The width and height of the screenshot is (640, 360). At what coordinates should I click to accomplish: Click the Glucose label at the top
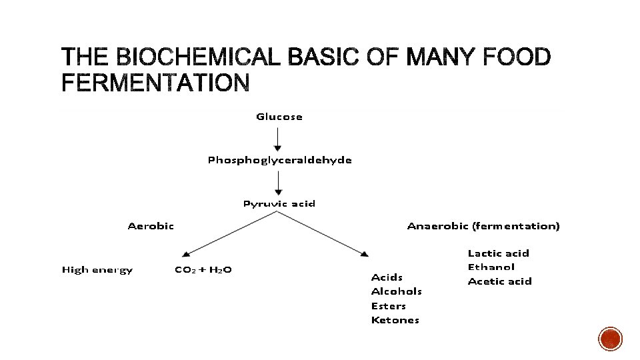(279, 117)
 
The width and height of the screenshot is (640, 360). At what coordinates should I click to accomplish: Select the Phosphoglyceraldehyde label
(279, 160)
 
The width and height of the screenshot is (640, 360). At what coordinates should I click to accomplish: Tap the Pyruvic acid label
(279, 203)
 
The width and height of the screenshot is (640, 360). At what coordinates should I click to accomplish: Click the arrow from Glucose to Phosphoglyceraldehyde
(279, 138)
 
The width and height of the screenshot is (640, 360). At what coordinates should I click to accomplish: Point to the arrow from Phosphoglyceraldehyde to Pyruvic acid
(279, 181)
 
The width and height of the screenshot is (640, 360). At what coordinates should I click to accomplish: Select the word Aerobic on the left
(151, 226)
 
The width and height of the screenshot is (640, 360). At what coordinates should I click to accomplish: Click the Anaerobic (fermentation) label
(483, 226)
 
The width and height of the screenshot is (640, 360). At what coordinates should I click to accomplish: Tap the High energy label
(97, 270)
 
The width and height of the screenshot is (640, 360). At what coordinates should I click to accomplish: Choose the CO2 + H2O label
(203, 270)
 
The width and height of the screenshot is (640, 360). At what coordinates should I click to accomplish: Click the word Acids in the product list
(387, 277)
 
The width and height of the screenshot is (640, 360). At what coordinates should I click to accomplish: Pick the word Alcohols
(396, 291)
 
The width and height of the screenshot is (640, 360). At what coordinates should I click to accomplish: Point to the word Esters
(388, 306)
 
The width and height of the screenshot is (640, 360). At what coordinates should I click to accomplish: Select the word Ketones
(395, 320)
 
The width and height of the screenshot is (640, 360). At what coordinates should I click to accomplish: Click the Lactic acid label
(498, 253)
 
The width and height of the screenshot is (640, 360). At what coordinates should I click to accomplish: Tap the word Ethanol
(491, 267)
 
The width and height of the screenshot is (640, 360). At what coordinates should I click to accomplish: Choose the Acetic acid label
(499, 281)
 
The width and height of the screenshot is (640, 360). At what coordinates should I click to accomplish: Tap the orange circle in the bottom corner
(610, 339)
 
